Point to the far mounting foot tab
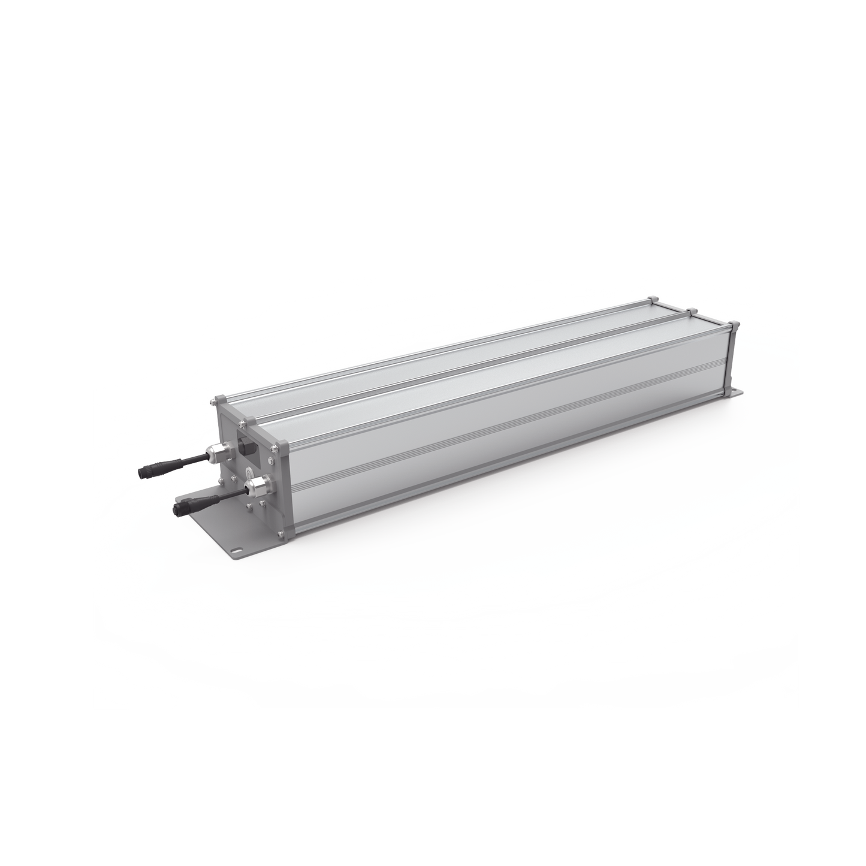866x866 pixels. point(735,392)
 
